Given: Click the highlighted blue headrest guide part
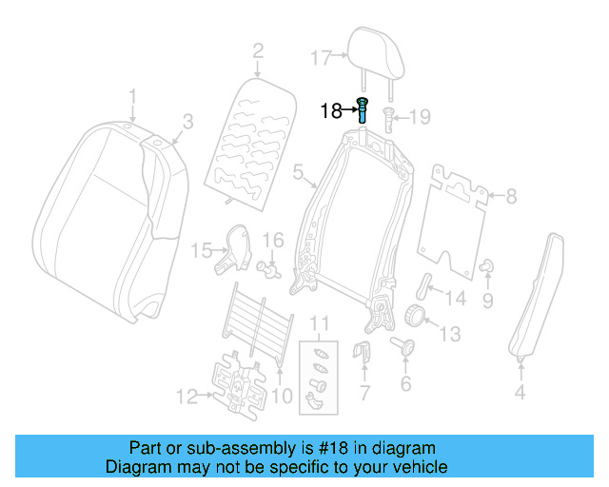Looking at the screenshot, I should pyautogui.click(x=363, y=110).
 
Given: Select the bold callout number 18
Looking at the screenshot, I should pyautogui.click(x=330, y=111).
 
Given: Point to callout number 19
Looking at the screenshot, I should pyautogui.click(x=420, y=117).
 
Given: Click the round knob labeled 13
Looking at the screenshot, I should pyautogui.click(x=414, y=317).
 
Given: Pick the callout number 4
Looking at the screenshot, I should pyautogui.click(x=520, y=391).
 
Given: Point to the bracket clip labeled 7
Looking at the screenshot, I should pyautogui.click(x=362, y=356).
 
